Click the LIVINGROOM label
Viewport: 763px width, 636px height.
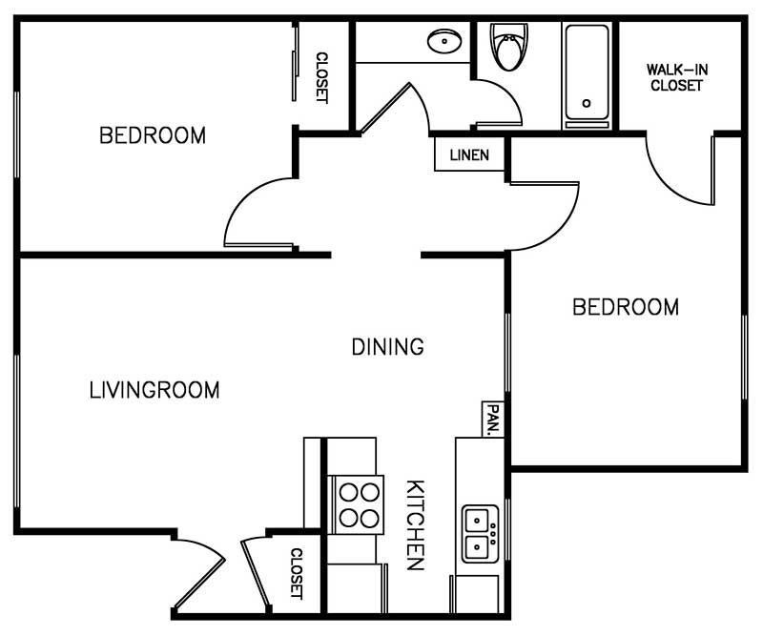(x=154, y=390)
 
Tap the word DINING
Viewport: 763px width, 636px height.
(x=387, y=347)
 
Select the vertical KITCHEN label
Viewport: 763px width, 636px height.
(x=415, y=524)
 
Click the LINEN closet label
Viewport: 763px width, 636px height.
(x=469, y=155)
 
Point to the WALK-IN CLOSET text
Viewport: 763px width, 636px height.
(x=676, y=77)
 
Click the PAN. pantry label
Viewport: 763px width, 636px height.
(x=493, y=419)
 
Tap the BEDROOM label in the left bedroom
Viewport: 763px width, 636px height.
(x=153, y=135)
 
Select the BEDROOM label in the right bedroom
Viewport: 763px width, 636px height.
(x=625, y=307)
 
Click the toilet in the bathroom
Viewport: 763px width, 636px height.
(x=507, y=48)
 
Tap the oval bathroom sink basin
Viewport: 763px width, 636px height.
(x=443, y=42)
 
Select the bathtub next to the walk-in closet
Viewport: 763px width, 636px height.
(x=587, y=74)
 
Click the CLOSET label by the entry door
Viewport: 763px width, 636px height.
(x=297, y=572)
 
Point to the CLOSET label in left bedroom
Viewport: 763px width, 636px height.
(x=321, y=76)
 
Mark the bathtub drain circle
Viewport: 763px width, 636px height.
(x=587, y=103)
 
